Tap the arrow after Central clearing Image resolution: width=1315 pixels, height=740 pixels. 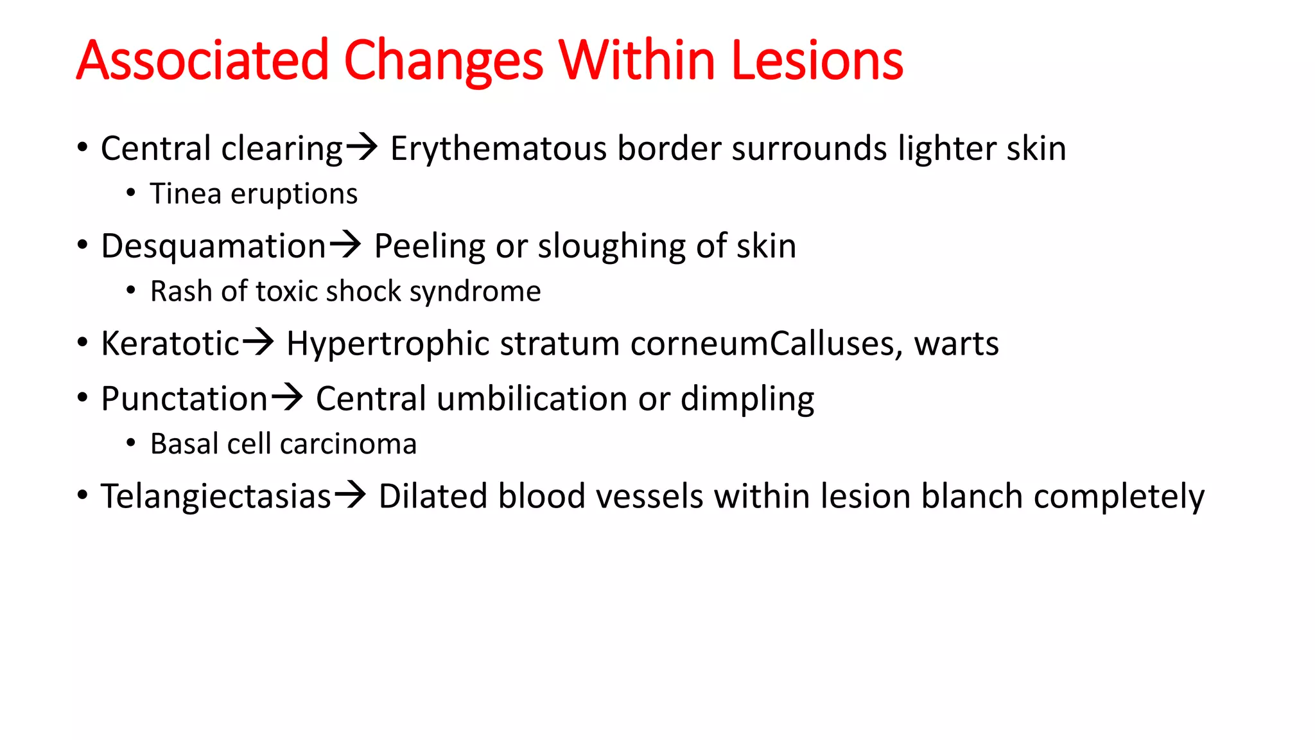362,147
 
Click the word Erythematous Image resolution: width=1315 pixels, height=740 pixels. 498,149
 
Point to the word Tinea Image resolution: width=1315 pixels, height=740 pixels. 186,194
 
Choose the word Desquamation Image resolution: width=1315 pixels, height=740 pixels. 214,247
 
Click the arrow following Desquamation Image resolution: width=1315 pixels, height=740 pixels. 345,245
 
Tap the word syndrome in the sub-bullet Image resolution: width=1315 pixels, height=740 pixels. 475,292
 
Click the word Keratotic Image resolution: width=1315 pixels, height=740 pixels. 170,344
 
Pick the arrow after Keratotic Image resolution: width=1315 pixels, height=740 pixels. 257,342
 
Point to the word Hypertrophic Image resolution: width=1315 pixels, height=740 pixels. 388,344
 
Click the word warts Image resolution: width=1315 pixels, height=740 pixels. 956,344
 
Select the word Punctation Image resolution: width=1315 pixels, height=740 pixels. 184,399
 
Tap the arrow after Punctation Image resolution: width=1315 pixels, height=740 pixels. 286,398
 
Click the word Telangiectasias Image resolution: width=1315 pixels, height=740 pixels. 216,497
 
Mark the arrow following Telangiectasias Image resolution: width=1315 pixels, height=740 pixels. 351,495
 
